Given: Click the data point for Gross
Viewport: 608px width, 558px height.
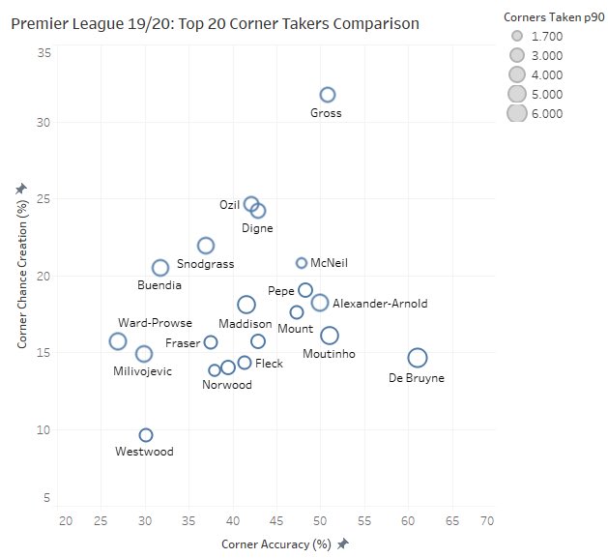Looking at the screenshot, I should (328, 95).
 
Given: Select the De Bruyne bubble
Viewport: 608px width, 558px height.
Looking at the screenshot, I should (418, 358).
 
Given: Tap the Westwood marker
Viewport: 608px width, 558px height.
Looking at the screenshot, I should (146, 435).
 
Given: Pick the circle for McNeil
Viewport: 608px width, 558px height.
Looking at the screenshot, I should (302, 263).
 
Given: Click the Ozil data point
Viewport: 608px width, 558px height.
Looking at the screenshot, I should (251, 204).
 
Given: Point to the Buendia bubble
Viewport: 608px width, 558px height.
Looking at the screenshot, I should (160, 268).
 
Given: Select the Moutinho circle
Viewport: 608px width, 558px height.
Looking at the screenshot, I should (330, 336).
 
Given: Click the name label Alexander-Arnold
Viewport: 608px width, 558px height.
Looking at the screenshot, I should (379, 304).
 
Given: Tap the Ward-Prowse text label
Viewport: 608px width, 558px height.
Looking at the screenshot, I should (155, 323).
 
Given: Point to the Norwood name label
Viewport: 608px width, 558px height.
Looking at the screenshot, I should (227, 385).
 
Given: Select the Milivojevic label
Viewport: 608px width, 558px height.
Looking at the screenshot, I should (143, 371).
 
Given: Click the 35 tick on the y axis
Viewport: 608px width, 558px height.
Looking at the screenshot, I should (44, 54).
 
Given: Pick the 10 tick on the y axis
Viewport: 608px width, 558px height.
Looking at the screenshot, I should (44, 429).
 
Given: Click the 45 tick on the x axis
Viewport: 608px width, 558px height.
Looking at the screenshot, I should (276, 521).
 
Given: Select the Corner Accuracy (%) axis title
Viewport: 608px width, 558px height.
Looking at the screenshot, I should (275, 544).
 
